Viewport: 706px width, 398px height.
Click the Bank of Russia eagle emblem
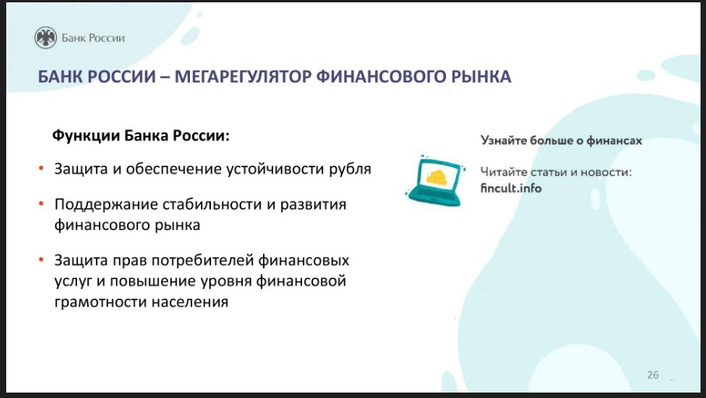point(45,37)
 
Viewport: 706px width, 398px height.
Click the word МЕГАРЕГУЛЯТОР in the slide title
point(243,76)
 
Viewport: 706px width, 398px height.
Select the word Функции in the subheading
point(86,135)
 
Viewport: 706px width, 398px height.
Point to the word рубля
point(349,169)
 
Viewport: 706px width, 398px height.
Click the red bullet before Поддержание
point(41,204)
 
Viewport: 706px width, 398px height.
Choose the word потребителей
point(202,261)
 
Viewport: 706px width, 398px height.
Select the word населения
point(190,302)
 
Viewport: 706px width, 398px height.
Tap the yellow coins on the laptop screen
point(437,178)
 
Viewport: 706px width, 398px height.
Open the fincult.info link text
point(511,188)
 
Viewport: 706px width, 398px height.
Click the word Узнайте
point(504,141)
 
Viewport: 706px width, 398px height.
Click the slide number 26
point(653,375)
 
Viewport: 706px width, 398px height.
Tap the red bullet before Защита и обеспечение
point(41,169)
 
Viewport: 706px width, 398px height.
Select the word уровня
point(228,281)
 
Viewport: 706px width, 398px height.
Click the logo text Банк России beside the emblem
point(93,38)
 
